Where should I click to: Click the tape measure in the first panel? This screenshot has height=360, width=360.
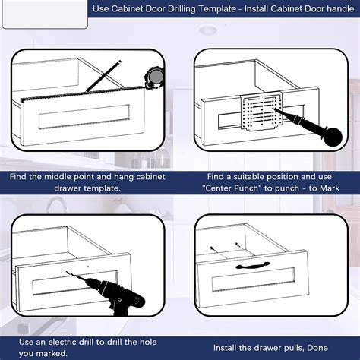click(154, 77)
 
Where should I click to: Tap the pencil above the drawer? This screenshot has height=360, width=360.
click(103, 76)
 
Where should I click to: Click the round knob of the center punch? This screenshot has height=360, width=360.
click(333, 137)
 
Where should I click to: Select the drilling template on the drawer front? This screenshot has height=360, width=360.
click(261, 111)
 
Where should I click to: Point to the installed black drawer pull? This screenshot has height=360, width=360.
click(252, 265)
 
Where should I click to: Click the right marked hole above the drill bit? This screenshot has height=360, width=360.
click(88, 267)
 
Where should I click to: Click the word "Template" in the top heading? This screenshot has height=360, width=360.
click(217, 9)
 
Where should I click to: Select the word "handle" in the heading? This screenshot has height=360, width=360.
click(340, 9)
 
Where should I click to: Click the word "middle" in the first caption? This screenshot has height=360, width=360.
click(58, 176)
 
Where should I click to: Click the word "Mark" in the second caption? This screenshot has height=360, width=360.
click(330, 188)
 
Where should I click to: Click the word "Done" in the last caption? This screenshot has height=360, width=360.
click(317, 348)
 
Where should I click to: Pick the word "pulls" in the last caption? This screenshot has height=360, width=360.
click(292, 348)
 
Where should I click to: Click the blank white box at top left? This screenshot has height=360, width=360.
click(45, 14)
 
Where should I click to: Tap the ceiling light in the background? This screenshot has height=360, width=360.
click(208, 30)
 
